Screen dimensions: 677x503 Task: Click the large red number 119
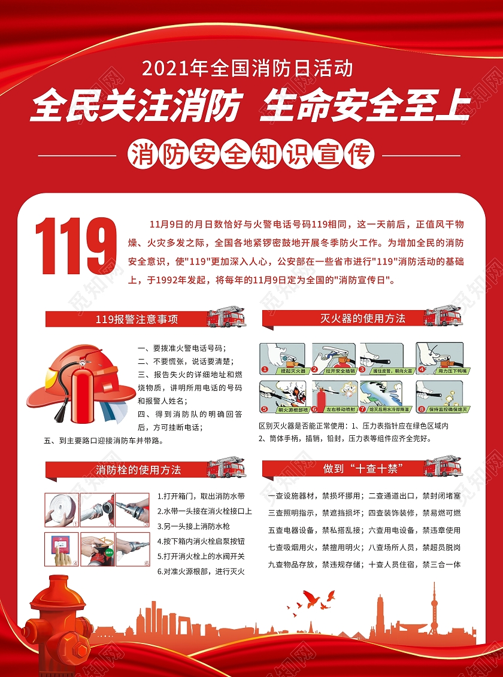[76, 246]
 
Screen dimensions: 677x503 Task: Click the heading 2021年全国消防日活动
[247, 68]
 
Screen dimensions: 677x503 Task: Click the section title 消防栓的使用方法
[138, 470]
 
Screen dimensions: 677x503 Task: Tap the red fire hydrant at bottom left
[59, 623]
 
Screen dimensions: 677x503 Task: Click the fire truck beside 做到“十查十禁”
[444, 466]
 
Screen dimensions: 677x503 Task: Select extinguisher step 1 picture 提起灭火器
[282, 359]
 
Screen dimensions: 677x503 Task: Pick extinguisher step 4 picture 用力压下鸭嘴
[439, 359]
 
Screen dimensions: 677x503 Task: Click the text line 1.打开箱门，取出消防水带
[201, 496]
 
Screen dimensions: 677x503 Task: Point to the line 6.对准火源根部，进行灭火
[201, 571]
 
